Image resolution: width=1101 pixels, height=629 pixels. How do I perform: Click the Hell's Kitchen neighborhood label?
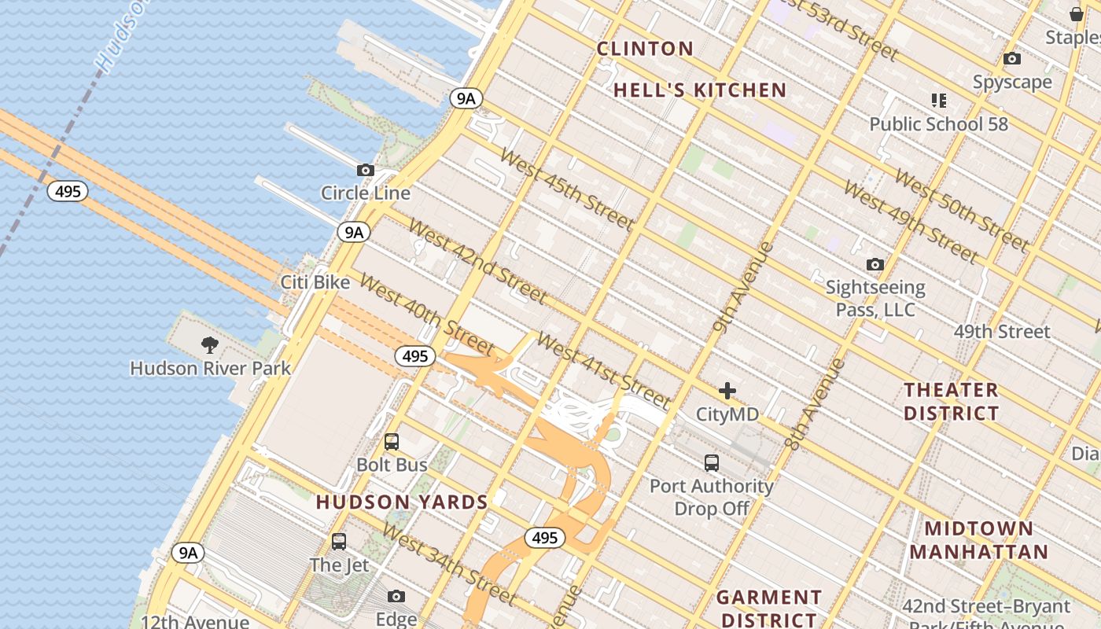click(x=700, y=90)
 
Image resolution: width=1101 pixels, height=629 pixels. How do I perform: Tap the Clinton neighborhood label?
click(x=645, y=49)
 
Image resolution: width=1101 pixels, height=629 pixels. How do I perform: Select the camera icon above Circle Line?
click(x=365, y=170)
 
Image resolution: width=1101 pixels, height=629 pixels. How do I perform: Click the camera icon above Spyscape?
click(x=1012, y=58)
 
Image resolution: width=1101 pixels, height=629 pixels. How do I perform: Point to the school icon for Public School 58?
click(x=938, y=100)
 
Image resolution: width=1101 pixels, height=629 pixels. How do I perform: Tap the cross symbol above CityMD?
click(x=727, y=390)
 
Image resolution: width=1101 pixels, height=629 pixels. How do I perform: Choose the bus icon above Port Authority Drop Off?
click(x=712, y=462)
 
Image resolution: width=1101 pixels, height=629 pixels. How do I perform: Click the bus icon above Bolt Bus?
click(x=392, y=442)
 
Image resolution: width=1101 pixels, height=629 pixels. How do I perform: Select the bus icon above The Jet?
click(x=339, y=541)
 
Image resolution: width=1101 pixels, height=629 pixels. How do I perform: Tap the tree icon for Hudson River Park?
click(x=209, y=344)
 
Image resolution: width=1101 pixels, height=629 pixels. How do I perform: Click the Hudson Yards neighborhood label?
click(x=402, y=502)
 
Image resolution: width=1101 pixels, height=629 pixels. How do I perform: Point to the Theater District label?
click(x=951, y=401)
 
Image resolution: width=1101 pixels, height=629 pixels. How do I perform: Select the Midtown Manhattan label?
click(x=979, y=539)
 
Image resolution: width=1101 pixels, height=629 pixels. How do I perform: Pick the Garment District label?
click(x=769, y=609)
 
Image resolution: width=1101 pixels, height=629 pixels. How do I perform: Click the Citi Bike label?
click(x=315, y=282)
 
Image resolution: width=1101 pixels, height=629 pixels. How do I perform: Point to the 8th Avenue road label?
click(x=814, y=405)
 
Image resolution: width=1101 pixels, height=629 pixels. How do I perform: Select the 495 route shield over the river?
click(x=68, y=191)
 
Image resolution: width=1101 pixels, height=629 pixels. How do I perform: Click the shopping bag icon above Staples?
click(x=1077, y=13)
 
